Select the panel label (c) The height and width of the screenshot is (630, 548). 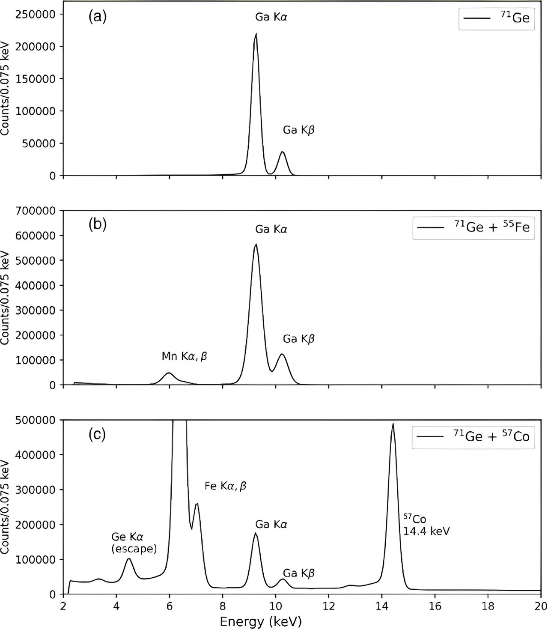(97, 434)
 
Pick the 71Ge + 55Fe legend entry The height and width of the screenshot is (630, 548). (473, 227)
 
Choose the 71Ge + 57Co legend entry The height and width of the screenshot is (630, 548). (473, 436)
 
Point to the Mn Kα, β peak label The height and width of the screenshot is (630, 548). (184, 356)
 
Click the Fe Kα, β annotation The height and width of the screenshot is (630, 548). (226, 486)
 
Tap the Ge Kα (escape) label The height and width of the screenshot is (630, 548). (134, 543)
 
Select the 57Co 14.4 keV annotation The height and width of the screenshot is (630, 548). (426, 525)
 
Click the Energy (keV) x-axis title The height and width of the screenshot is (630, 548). (261, 621)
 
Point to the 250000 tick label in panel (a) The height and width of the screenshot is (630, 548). (35, 14)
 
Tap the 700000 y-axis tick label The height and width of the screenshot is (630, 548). (35, 211)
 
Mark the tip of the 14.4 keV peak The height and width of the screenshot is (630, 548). (393, 424)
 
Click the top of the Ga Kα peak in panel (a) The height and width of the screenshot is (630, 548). (256, 34)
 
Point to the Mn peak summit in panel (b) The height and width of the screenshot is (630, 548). (169, 373)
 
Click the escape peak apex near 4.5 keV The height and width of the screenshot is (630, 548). (129, 558)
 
